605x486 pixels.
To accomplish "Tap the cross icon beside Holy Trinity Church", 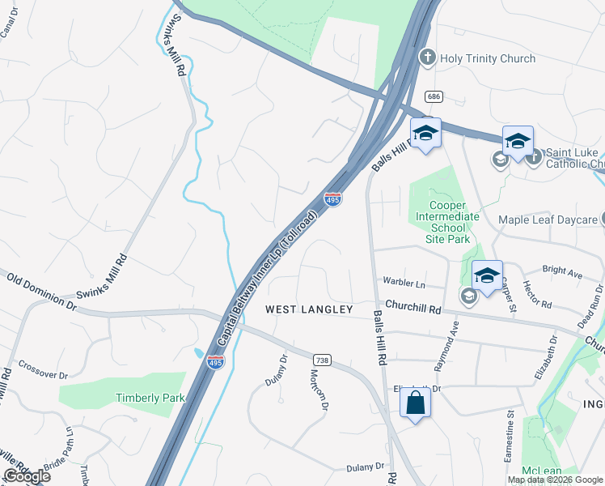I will pyautogui.click(x=427, y=58).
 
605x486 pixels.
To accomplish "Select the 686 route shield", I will pyautogui.click(x=435, y=96).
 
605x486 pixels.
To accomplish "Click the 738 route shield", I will pyautogui.click(x=321, y=360).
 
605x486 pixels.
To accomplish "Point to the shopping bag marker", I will pyautogui.click(x=415, y=403).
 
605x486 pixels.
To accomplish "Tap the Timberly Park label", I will pyautogui.click(x=150, y=398).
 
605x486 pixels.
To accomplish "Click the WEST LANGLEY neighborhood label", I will pyautogui.click(x=310, y=309).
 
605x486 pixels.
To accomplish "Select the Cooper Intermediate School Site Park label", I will pyautogui.click(x=447, y=216).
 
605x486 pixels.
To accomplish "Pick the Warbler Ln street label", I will pyautogui.click(x=404, y=284).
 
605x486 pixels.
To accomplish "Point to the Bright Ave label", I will pyautogui.click(x=562, y=274).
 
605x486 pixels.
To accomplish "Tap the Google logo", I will pyautogui.click(x=27, y=476).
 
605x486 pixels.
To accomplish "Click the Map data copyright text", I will pyautogui.click(x=554, y=480).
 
